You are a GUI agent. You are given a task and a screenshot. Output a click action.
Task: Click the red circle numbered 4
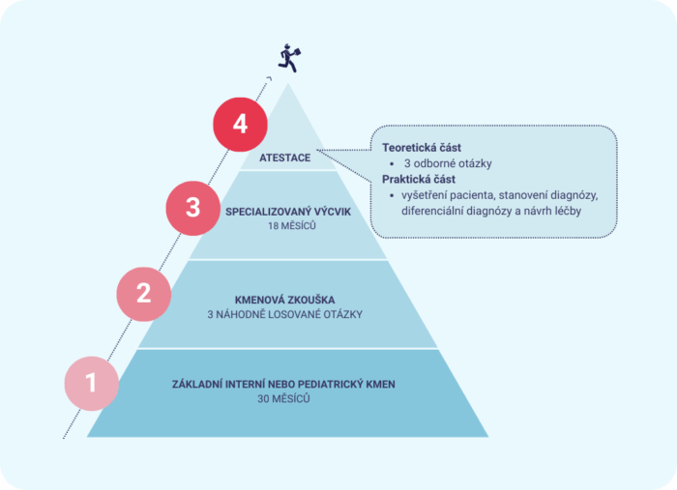240,125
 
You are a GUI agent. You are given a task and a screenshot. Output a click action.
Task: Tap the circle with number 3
193,208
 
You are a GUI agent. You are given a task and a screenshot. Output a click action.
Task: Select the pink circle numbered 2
144,294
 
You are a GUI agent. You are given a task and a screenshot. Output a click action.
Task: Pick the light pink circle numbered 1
92,383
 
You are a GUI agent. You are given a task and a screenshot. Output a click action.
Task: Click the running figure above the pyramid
289,58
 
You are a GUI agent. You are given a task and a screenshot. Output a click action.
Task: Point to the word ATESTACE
284,158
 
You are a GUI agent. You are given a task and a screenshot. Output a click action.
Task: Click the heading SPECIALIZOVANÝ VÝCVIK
288,212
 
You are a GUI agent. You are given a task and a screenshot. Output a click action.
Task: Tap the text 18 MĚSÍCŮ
292,226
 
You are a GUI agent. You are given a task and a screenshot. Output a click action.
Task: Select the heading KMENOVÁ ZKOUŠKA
284,300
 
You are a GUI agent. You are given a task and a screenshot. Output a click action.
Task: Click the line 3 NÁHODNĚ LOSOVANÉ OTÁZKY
284,314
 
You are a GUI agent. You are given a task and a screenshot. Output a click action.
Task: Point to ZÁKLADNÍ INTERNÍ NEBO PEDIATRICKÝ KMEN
283,385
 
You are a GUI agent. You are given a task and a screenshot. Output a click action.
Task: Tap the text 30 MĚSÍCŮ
283,399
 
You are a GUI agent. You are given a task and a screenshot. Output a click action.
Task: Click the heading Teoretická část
422,148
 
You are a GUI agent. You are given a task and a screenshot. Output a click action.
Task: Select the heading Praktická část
419,179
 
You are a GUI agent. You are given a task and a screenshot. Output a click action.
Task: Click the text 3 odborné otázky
448,163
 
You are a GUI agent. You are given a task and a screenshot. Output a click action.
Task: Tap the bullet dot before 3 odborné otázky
392,164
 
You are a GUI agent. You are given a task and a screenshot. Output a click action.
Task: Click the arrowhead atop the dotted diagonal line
269,78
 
